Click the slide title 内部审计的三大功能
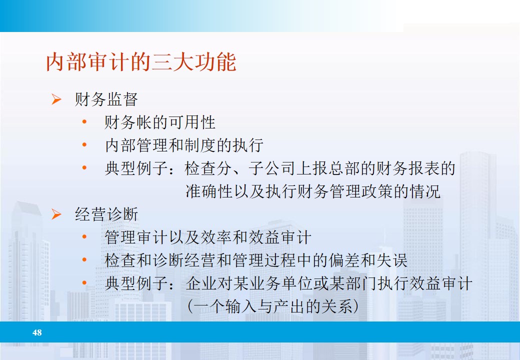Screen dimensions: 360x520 pos(141,63)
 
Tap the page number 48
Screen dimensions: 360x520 pos(37,332)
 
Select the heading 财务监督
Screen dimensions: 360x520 pos(106,99)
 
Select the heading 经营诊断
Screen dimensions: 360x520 pos(106,214)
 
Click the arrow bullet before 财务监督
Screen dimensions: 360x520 pos(56,99)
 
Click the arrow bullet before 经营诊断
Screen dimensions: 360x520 pos(56,215)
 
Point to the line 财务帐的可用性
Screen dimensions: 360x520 pos(160,122)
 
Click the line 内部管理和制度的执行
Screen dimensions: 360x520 pos(184,145)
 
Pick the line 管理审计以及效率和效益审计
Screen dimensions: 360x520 pos(208,237)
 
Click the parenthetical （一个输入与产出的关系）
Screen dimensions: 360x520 pos(272,306)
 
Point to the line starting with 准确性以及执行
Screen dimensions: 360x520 pos(313,191)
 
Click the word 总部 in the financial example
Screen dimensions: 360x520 pos(344,168)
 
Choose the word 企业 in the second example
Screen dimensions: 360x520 pos(200,284)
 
